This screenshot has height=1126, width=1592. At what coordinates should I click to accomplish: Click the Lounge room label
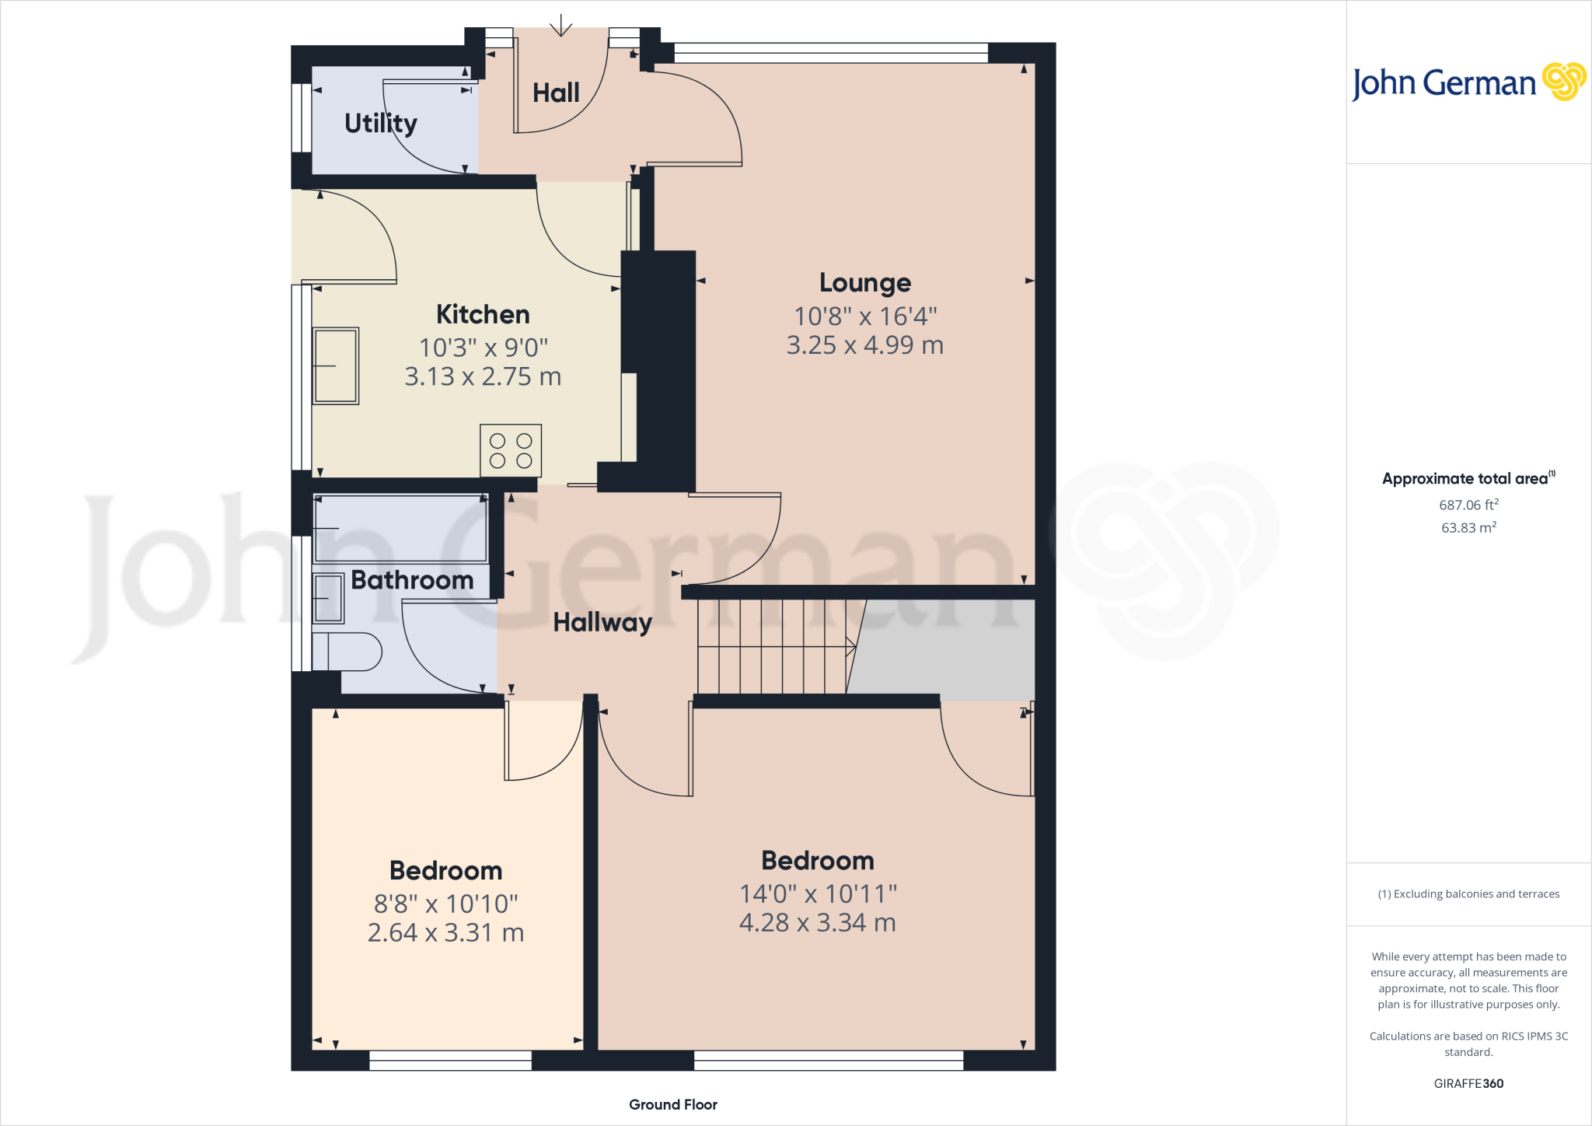click(865, 283)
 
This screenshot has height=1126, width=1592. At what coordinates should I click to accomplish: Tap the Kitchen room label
click(483, 314)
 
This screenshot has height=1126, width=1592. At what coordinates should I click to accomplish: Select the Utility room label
click(380, 123)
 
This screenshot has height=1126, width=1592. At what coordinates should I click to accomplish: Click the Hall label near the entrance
click(556, 93)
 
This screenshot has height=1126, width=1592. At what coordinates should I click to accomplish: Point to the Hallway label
click(602, 622)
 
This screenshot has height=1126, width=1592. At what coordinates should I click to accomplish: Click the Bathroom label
click(412, 580)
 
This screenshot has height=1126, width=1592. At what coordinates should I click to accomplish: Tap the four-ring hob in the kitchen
click(511, 451)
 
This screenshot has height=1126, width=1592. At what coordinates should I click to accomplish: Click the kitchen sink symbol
click(336, 365)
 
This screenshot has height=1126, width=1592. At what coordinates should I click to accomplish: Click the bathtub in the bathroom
click(400, 529)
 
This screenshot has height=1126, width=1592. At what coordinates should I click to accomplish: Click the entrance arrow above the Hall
click(560, 28)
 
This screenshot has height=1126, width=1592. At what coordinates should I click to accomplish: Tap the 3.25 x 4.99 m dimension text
click(865, 345)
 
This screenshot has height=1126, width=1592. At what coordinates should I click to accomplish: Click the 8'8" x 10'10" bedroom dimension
click(445, 904)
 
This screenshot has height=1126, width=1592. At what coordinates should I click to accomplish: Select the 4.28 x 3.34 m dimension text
click(817, 923)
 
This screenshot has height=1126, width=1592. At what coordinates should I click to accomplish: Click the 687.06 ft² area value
click(1468, 505)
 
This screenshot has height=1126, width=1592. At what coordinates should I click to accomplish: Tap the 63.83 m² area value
click(1468, 528)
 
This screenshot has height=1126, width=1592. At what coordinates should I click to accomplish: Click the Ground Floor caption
click(673, 1104)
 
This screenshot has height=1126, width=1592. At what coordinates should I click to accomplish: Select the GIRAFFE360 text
click(1468, 1083)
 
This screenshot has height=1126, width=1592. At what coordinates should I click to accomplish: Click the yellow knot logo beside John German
click(1563, 81)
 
